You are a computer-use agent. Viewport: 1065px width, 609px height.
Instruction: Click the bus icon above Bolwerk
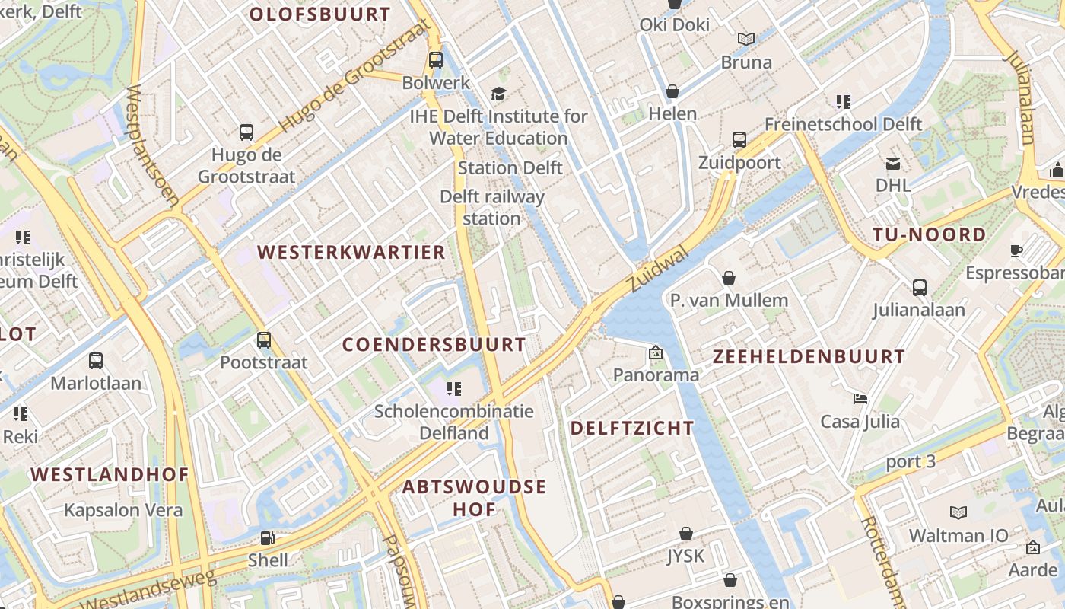(x=436, y=59)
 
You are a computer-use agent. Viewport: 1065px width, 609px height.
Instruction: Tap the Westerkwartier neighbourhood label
(x=351, y=252)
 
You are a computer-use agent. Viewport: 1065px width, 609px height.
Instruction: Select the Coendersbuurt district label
(x=434, y=344)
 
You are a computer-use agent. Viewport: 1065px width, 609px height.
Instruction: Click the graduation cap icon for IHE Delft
(x=498, y=94)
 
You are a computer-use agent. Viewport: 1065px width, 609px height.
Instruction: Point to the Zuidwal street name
(x=658, y=269)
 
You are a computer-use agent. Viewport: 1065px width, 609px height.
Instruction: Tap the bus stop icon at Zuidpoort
(x=739, y=139)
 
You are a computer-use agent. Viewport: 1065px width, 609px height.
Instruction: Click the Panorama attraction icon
(x=656, y=352)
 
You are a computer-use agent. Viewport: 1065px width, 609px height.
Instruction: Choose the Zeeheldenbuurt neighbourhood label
(x=809, y=356)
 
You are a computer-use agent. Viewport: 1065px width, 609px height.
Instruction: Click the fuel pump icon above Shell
(x=268, y=538)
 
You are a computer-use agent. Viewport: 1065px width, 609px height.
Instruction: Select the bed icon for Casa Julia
(x=860, y=398)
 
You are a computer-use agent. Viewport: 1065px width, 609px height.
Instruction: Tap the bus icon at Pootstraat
(x=264, y=340)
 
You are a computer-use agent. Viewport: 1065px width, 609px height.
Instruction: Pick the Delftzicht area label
(x=632, y=428)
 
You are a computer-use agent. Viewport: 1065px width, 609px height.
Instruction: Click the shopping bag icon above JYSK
(x=686, y=534)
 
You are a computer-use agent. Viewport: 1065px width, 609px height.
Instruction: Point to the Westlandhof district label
(x=110, y=474)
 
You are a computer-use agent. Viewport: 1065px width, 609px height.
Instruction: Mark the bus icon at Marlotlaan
(x=96, y=360)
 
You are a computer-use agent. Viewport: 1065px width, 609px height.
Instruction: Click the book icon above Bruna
(x=746, y=39)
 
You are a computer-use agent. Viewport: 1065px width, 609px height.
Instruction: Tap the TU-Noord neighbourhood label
(x=929, y=234)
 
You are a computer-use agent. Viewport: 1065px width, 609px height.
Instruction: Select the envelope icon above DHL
(x=892, y=163)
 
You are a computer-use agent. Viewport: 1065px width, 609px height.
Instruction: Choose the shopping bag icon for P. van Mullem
(x=729, y=278)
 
